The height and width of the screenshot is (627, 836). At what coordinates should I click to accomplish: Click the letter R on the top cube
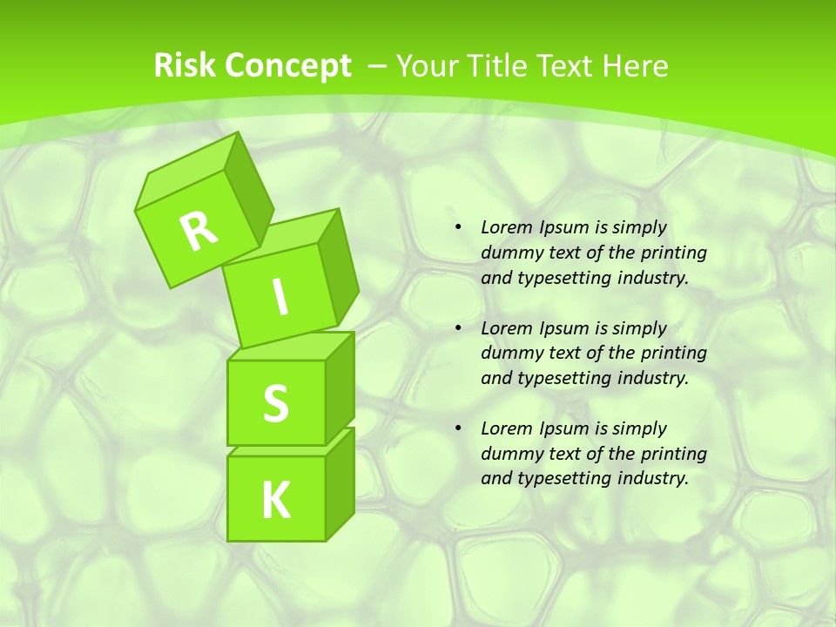tap(199, 231)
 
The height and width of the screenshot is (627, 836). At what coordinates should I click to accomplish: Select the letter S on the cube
tap(275, 404)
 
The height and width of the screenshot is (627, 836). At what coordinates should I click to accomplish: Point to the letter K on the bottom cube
tap(275, 501)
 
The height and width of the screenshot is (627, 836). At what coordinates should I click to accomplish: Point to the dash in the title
tap(378, 66)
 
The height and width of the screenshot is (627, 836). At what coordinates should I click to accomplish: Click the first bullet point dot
tap(458, 228)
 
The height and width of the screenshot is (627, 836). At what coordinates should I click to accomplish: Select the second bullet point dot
tap(458, 329)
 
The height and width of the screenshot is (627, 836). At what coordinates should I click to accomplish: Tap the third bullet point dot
tap(458, 429)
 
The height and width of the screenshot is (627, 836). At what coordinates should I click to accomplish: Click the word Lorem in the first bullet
tap(503, 228)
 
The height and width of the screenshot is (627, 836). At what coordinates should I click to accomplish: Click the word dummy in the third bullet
tap(509, 454)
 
